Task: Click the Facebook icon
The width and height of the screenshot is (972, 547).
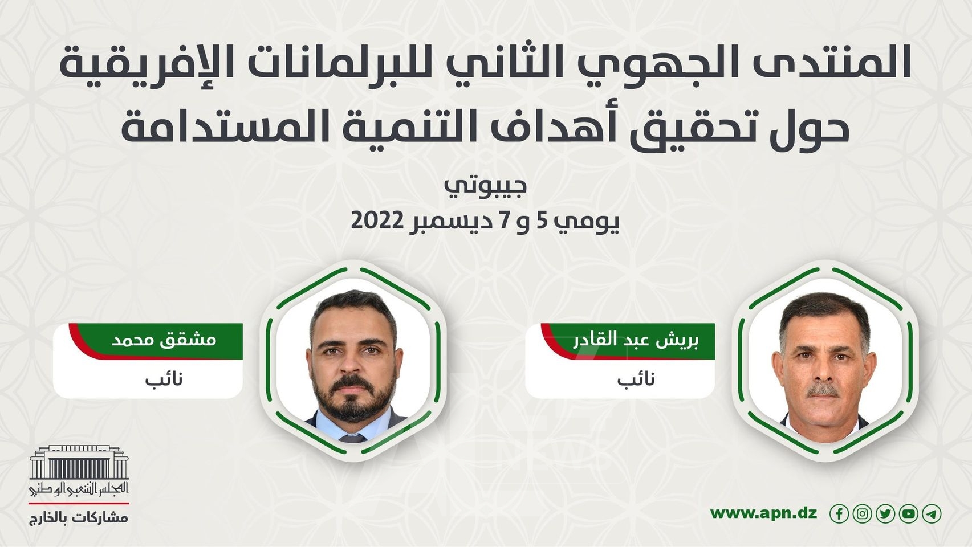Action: click(839, 514)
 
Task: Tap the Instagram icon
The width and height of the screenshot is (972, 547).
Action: click(862, 514)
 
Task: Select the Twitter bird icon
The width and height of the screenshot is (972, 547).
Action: click(885, 514)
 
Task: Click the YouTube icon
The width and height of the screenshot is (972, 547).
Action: click(909, 514)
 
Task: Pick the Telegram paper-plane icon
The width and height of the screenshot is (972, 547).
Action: click(932, 514)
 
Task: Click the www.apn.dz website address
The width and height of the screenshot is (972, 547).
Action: click(764, 513)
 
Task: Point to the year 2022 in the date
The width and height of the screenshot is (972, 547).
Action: click(377, 221)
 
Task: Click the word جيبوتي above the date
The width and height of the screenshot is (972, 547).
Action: click(486, 186)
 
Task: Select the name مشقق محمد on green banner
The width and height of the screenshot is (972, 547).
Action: click(164, 340)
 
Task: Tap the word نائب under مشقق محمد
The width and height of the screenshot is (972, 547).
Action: click(164, 379)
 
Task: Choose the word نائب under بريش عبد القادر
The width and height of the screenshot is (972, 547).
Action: click(636, 379)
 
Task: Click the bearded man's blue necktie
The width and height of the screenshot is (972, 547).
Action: click(352, 438)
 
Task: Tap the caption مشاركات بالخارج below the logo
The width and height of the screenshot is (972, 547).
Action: click(79, 519)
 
